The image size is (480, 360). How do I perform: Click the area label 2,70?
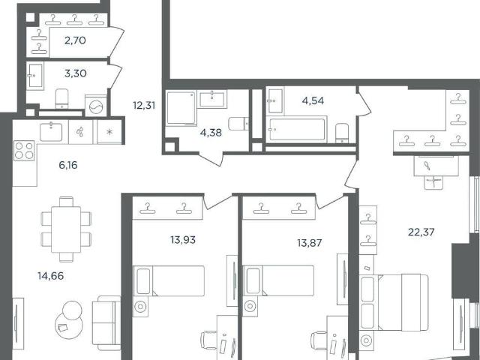pos(75,40)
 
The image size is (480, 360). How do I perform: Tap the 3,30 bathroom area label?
pos(75,73)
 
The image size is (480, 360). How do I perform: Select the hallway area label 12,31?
pos(144,106)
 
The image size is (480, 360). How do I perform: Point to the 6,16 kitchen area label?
pos(68,165)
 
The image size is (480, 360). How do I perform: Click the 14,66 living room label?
pos(51,276)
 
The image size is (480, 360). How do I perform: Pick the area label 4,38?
pos(211,133)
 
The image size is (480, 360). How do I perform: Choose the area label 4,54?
pos(313,100)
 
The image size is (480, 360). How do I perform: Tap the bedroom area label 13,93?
pos(183,240)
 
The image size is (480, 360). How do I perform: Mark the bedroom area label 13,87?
pos(310,243)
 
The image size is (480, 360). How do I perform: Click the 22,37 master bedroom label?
pos(421,232)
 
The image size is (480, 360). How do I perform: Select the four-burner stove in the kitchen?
pos(24,151)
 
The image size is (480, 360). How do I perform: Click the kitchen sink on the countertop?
pos(51,132)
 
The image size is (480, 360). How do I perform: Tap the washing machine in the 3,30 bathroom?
pos(96,106)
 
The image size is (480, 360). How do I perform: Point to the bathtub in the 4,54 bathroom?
pos(297,130)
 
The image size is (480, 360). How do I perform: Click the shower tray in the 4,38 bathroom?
pos(181,108)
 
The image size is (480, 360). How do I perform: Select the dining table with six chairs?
pos(66,229)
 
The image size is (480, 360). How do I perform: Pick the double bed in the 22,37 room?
pos(394,302)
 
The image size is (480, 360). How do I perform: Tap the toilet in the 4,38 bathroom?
pos(239,123)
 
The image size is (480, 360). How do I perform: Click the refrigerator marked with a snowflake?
pos(109,132)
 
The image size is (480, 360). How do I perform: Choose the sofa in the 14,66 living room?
pos(106,323)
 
